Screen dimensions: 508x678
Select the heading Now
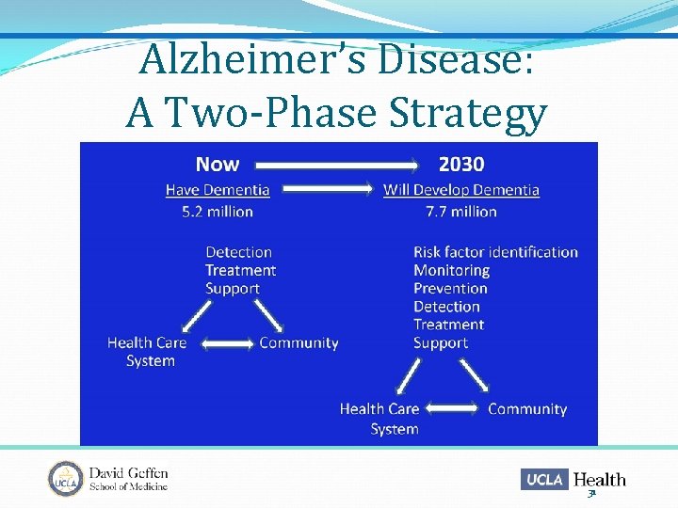(x=218, y=165)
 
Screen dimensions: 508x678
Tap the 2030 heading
(x=461, y=165)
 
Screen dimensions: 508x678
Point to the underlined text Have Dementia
(x=218, y=190)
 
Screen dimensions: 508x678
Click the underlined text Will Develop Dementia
(x=461, y=190)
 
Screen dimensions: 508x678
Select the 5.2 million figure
(x=218, y=212)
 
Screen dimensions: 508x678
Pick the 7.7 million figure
(x=461, y=212)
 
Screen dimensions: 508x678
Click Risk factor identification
(x=495, y=252)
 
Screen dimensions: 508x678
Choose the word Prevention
(x=450, y=289)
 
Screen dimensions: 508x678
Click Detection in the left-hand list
(x=239, y=252)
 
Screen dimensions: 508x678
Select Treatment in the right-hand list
(x=448, y=325)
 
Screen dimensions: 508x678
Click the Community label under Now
(x=299, y=342)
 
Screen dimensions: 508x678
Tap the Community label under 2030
(x=527, y=409)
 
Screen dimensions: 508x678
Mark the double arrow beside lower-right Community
(x=453, y=409)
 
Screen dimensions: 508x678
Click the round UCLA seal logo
(x=66, y=479)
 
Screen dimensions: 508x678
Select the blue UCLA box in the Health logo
(x=544, y=479)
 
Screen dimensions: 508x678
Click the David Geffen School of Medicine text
(x=128, y=479)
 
